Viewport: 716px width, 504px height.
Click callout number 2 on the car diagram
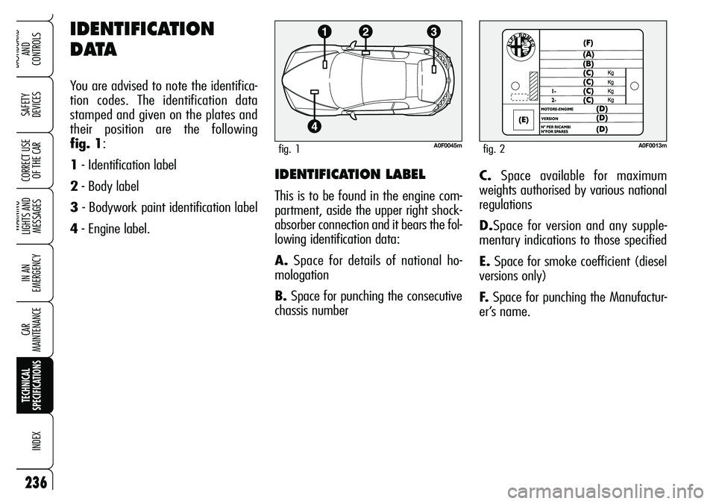[x=365, y=32]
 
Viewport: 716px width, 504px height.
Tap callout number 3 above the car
[x=433, y=31]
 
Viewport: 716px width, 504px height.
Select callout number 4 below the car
[x=316, y=126]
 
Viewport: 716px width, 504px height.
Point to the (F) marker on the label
[x=589, y=42]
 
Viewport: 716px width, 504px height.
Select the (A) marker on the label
[x=589, y=54]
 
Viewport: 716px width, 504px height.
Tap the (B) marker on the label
[x=589, y=63]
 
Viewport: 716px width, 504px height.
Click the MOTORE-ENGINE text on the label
[x=561, y=110]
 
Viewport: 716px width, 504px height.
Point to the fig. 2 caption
[x=494, y=149]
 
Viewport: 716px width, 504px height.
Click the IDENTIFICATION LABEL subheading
[x=351, y=174]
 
